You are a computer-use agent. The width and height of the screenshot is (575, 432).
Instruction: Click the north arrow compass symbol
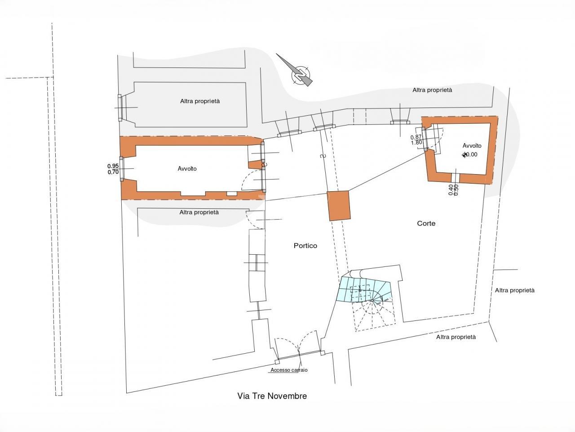click(300, 73)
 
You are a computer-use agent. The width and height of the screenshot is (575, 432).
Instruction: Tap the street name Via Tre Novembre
click(272, 396)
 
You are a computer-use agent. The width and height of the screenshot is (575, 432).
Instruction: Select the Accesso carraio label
click(289, 370)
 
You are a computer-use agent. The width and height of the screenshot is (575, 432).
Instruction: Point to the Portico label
click(305, 246)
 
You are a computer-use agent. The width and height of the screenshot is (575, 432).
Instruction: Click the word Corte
click(426, 223)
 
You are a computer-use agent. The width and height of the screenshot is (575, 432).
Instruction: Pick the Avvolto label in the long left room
click(187, 169)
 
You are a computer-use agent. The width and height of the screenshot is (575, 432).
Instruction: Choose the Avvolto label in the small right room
click(472, 146)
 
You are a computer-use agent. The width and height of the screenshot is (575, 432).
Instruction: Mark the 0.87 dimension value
click(416, 137)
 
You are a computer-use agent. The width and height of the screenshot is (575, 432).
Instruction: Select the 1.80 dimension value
click(416, 143)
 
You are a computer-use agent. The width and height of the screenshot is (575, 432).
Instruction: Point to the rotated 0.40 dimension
click(451, 189)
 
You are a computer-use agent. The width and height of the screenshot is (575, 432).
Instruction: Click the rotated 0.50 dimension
click(456, 189)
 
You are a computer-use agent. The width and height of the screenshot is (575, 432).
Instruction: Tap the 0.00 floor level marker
click(470, 154)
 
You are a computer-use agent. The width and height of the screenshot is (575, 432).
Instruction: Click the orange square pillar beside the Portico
click(339, 205)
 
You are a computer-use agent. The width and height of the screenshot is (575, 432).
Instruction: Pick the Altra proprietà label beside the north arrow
click(432, 90)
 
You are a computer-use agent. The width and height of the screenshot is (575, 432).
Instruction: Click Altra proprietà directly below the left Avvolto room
click(199, 212)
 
